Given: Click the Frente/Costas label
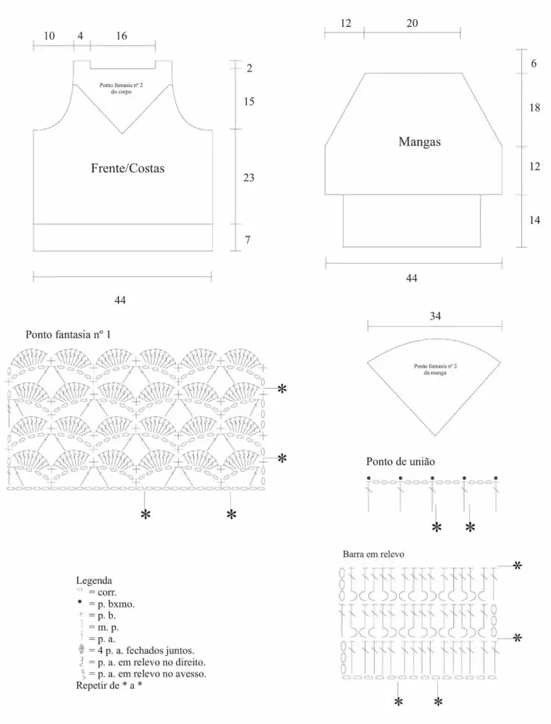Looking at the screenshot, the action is pyautogui.click(x=127, y=168).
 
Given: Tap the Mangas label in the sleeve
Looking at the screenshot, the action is pyautogui.click(x=419, y=141).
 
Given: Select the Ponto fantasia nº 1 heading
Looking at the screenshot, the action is pyautogui.click(x=69, y=334).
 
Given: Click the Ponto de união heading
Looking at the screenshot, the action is pyautogui.click(x=400, y=461).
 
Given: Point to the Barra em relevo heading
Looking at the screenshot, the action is pyautogui.click(x=373, y=554).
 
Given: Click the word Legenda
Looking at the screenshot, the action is pyautogui.click(x=94, y=580).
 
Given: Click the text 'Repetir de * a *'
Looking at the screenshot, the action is pyautogui.click(x=109, y=685).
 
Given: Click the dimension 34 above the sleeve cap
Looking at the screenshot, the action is pyautogui.click(x=435, y=316).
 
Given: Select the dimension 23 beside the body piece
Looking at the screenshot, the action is pyautogui.click(x=248, y=177).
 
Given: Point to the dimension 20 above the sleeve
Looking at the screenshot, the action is pyautogui.click(x=412, y=23).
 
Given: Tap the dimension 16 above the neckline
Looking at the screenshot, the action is pyautogui.click(x=121, y=36).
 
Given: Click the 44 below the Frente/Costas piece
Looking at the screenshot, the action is pyautogui.click(x=120, y=300).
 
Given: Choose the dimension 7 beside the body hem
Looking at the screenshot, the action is pyautogui.click(x=248, y=240).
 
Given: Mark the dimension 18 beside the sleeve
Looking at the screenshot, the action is pyautogui.click(x=534, y=107).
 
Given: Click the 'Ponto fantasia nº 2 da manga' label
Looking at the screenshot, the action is pyautogui.click(x=435, y=369).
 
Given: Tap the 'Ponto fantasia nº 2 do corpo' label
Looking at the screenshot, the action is pyautogui.click(x=122, y=88).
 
